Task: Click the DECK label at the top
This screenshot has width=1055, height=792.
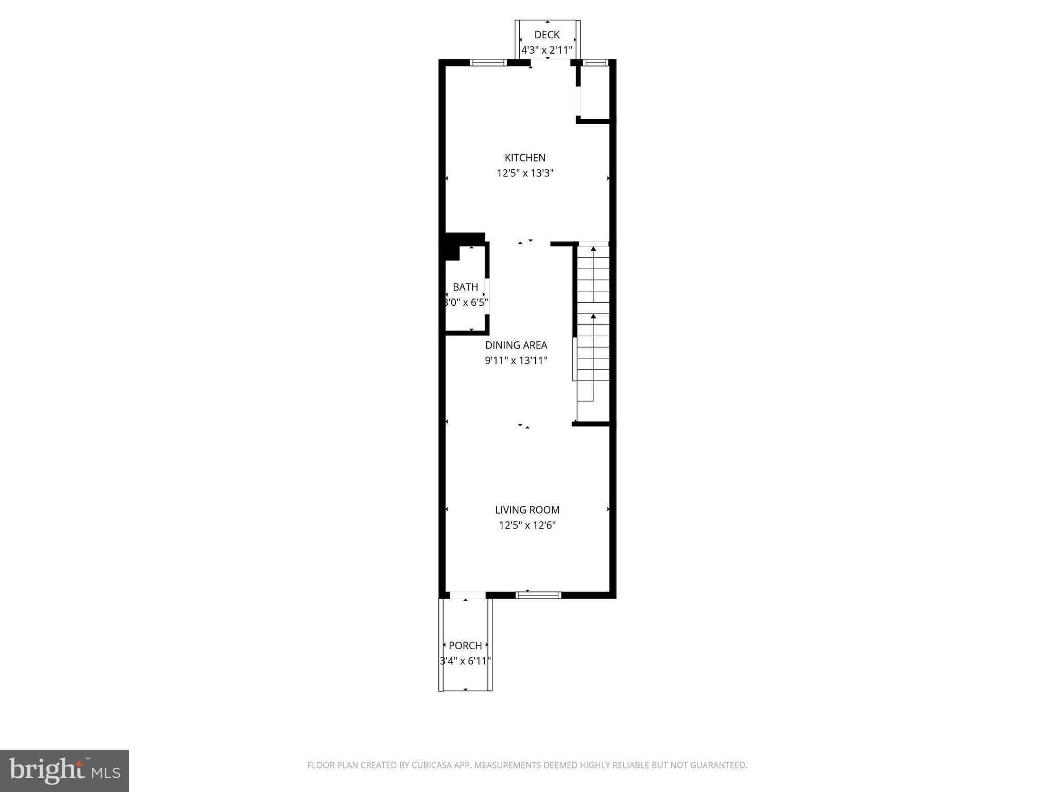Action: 547,35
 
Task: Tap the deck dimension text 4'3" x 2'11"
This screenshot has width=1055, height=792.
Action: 547,51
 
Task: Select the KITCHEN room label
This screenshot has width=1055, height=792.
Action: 524,158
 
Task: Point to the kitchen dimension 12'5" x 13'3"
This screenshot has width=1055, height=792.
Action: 524,173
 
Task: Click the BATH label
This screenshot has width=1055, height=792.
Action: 465,287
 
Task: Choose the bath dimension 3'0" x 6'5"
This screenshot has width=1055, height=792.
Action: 466,303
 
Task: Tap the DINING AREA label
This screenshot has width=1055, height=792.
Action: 516,345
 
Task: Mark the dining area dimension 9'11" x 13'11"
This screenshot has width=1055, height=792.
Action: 516,360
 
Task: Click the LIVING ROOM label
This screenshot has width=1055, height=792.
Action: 527,510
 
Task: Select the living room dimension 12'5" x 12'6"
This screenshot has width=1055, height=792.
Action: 527,525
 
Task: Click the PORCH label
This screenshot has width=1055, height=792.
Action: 465,646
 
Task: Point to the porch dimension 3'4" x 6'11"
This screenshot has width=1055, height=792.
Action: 465,661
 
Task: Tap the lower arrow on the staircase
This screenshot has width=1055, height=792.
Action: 593,317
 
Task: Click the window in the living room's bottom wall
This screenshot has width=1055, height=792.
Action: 538,595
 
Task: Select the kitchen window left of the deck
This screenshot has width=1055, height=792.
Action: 488,63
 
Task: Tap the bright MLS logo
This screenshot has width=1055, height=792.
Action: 64,770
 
